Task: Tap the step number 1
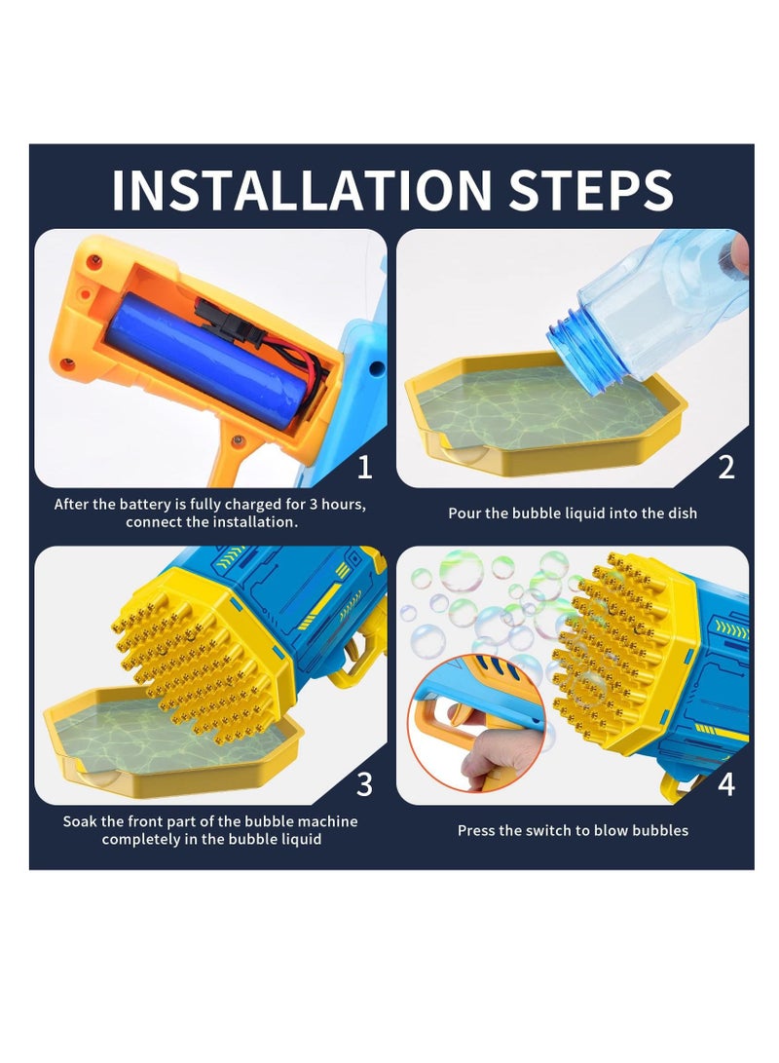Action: coord(364,467)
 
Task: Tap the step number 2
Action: coord(726,467)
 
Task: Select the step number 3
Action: coord(364,784)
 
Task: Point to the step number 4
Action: coord(726,784)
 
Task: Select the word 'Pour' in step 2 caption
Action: coord(464,513)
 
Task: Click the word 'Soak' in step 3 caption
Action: coord(79,821)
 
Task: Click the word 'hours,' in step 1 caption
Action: coord(343,505)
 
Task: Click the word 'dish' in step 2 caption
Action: coord(683,513)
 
